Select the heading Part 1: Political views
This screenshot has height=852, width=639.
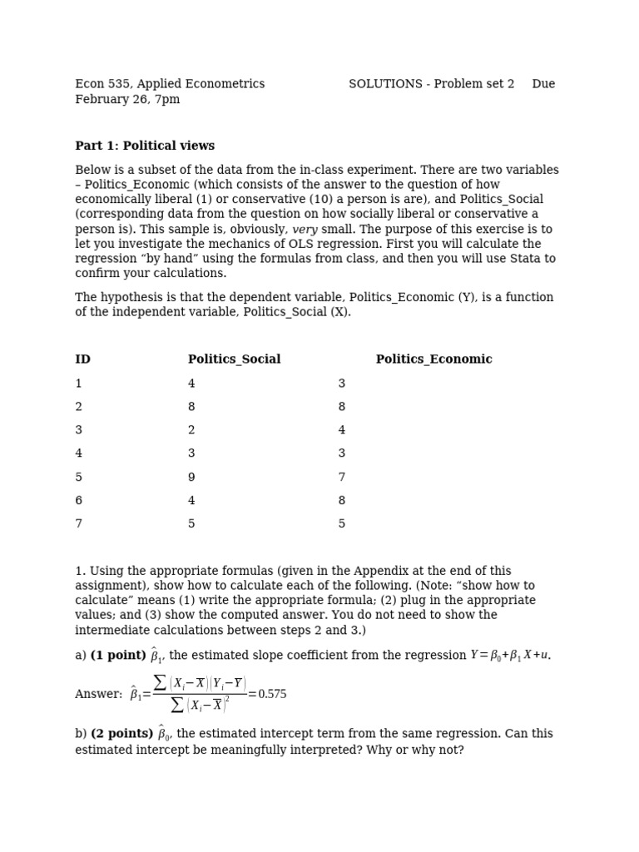tap(145, 146)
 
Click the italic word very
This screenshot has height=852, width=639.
tap(305, 230)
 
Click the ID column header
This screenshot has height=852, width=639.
tap(82, 359)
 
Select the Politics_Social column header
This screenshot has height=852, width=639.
tap(234, 359)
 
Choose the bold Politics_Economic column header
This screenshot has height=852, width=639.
tap(433, 359)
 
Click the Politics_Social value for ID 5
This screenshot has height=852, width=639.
tap(191, 478)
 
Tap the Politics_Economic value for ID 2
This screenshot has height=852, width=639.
tap(341, 407)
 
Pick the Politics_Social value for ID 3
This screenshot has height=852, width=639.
tap(191, 430)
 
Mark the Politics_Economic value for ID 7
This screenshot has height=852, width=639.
tap(341, 524)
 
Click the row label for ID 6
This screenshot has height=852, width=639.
tap(79, 501)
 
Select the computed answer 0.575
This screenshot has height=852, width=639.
tap(272, 694)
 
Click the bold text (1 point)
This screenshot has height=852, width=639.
tap(118, 656)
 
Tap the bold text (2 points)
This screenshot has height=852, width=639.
tap(121, 734)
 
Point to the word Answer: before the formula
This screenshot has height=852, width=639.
tap(99, 694)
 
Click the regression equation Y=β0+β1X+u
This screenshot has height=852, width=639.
tap(509, 656)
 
